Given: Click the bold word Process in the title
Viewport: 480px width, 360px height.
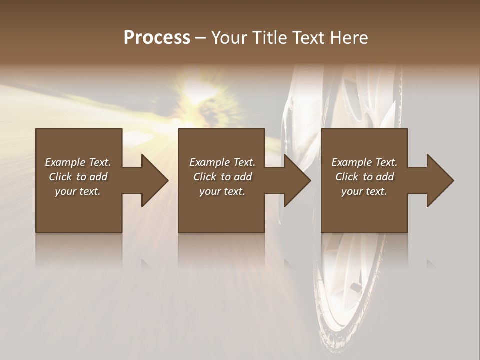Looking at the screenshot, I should pyautogui.click(x=157, y=38).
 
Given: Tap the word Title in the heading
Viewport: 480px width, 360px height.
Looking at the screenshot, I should pyautogui.click(x=268, y=38).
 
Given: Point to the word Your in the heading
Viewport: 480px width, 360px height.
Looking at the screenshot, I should pyautogui.click(x=229, y=38).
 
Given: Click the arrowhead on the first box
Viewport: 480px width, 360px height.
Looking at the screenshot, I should pyautogui.click(x=154, y=180).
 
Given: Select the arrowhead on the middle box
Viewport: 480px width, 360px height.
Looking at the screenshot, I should pyautogui.click(x=297, y=180).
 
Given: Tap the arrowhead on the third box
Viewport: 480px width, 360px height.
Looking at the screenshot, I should pyautogui.click(x=440, y=180).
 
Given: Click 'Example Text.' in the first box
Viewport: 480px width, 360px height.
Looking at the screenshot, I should pyautogui.click(x=78, y=162).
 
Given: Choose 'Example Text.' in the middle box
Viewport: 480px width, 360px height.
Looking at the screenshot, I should pyautogui.click(x=222, y=162).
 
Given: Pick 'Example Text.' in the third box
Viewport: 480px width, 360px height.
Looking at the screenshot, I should pyautogui.click(x=364, y=162).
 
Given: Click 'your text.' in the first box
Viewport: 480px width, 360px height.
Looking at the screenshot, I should pyautogui.click(x=78, y=191).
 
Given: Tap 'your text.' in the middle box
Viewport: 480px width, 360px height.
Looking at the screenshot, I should pyautogui.click(x=222, y=191).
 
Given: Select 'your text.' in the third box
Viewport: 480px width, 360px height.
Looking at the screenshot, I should pyautogui.click(x=364, y=191).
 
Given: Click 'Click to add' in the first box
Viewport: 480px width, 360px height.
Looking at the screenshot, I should pyautogui.click(x=78, y=177).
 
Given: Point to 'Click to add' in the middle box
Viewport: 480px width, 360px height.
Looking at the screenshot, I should pyautogui.click(x=222, y=177).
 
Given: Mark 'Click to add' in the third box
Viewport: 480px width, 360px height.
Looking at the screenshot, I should pyautogui.click(x=364, y=177).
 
